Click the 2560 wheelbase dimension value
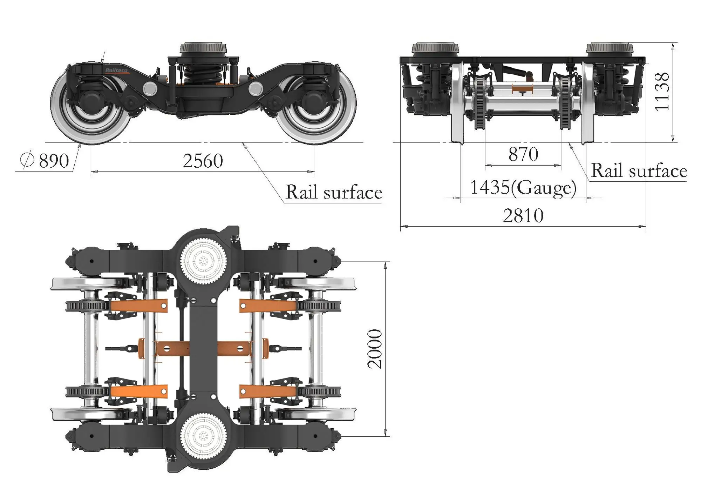[203, 161]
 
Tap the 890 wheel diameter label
[54, 161]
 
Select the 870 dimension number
[523, 154]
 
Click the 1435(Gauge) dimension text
[523, 187]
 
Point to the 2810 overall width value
[523, 215]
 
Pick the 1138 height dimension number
[662, 92]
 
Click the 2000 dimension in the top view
[375, 349]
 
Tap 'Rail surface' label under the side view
[334, 192]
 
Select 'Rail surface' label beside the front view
[639, 171]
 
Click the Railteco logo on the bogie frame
[116, 71]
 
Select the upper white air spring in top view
[203, 260]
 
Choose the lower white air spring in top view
[203, 436]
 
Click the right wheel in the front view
[588, 105]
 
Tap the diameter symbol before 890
[27, 160]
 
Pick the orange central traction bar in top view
[203, 349]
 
